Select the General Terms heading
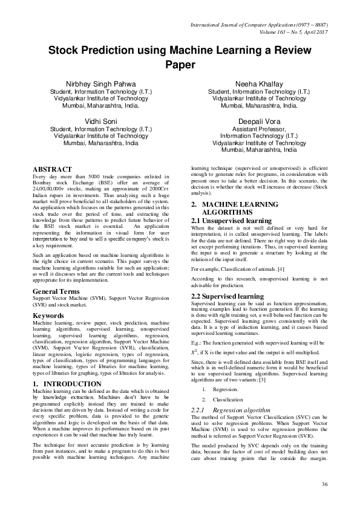[57, 291]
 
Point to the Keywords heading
[48, 316]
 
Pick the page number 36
[324, 485]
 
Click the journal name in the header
[259, 26]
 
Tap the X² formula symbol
[195, 350]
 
